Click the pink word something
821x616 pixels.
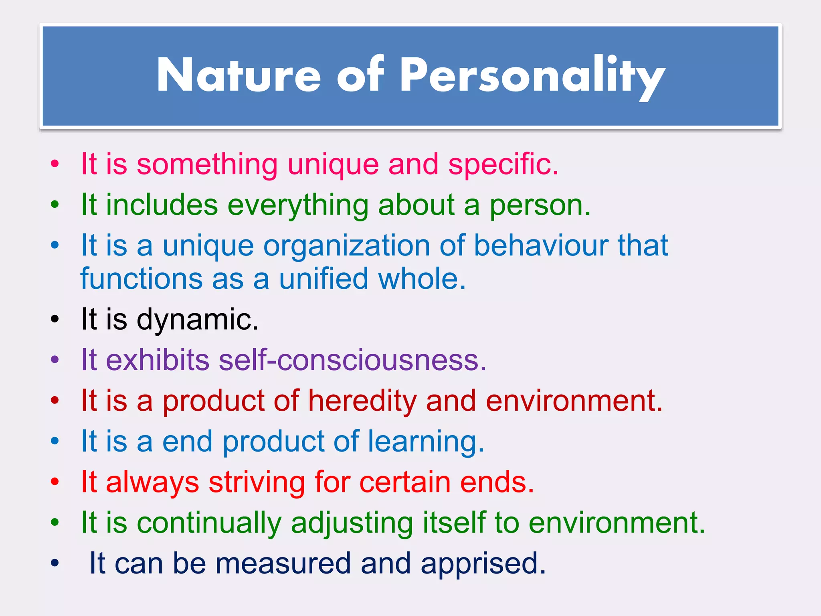[207, 164]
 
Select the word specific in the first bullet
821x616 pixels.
[503, 164]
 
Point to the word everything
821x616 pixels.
[297, 205]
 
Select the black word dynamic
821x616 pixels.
[198, 320]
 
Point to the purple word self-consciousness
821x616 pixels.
[352, 360]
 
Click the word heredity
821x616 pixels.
[362, 401]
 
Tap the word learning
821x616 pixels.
[426, 442]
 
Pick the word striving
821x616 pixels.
[257, 482]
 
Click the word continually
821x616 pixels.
[209, 523]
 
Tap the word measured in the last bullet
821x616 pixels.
[283, 563]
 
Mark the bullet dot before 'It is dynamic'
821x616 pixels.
[55, 320]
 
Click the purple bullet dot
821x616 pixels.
[55, 360]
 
